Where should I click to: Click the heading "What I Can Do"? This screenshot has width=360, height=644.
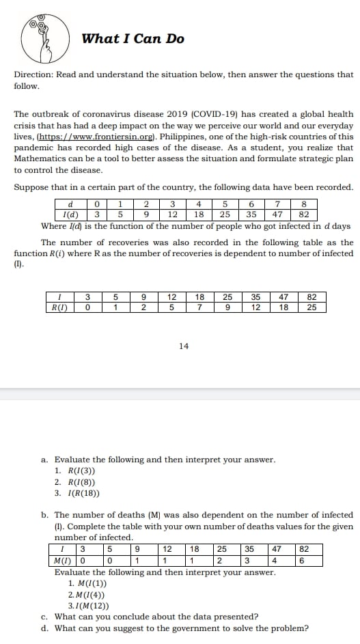coord(133,39)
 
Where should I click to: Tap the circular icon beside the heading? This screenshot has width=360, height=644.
coord(44,38)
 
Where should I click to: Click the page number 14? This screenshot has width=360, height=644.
coord(183,346)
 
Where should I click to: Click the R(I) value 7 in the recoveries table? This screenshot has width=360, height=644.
coord(199,307)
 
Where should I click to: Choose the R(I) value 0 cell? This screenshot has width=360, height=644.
coord(87,307)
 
